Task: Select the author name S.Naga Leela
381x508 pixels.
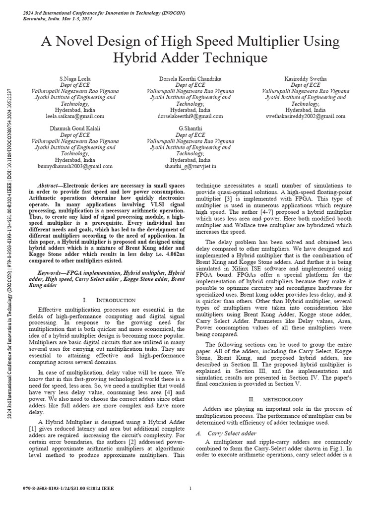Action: coord(75,79)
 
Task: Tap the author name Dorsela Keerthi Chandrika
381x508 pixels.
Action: coord(190,79)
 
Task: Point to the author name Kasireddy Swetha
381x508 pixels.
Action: coord(306,79)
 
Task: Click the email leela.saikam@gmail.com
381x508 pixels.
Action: coord(75,116)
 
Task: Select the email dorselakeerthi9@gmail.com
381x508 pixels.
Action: coord(190,116)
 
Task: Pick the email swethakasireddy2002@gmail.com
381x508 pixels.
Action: coord(306,116)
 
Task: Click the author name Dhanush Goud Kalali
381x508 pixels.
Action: coord(75,128)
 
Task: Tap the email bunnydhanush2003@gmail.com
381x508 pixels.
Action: coord(75,166)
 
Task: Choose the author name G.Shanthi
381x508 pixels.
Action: coord(190,128)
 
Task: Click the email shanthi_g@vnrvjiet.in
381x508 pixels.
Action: coord(190,166)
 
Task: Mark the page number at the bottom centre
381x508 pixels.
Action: coord(190,489)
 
